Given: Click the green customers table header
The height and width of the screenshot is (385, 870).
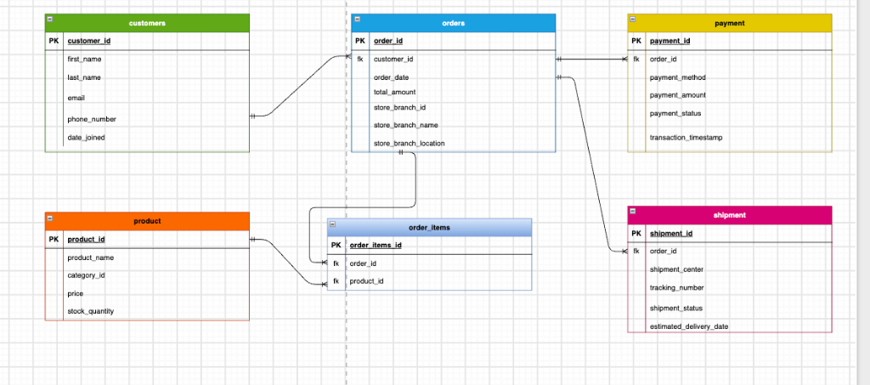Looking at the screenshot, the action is pos(147,23).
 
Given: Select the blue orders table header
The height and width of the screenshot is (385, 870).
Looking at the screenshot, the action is pos(454,23).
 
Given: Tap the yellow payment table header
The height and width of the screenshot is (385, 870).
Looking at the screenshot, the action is pos(730,23).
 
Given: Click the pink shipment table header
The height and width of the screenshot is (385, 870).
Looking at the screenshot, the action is pos(730,215).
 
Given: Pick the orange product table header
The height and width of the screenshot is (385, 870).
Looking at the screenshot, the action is pos(147,221).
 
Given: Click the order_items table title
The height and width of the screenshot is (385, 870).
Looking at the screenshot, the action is pos(429,228).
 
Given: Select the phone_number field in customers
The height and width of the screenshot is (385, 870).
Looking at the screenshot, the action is pos(92,119).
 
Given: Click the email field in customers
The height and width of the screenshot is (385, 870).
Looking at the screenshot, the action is pos(76,98).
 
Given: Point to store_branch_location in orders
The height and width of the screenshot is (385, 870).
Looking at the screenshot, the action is pos(409,144).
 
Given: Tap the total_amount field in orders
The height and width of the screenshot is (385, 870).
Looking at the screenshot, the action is pos(394,92).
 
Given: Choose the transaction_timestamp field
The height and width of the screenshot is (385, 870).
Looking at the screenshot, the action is pos(686,138).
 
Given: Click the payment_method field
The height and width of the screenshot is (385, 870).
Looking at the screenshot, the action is pos(677,77).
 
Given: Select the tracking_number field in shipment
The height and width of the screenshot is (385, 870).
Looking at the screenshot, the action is pos(676,288).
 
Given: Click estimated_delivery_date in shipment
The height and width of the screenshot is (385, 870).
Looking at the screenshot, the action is pos(688,326).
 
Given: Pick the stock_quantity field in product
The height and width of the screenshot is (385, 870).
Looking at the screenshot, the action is pos(90,311).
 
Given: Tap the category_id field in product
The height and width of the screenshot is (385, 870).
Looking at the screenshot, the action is pos(86,275).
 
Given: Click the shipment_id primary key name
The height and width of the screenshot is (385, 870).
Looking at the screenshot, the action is pos(671,234).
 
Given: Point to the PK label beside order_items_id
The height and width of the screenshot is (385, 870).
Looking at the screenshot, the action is pos(336,246).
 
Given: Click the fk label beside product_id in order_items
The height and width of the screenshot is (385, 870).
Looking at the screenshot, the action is pos(336,281).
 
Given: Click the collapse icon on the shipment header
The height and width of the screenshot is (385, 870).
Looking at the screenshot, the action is pos(632,212).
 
